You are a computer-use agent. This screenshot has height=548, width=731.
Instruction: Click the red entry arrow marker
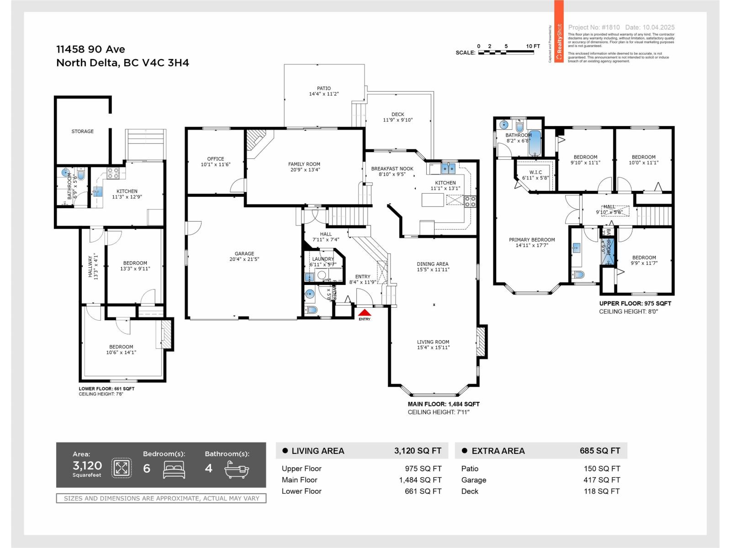coord(364,313)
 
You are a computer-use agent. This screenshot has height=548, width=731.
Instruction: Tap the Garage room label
coord(244,254)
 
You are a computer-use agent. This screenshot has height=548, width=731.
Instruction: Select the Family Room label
coord(304,164)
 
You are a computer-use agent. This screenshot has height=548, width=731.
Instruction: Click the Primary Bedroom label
coord(532,240)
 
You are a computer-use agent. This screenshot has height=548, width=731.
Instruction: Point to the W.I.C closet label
coord(535,173)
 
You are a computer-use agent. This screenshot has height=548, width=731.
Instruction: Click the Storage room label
coord(82,132)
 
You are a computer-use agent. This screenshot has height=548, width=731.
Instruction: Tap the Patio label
coord(323,89)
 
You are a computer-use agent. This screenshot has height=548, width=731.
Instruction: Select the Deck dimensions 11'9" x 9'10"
coord(397,120)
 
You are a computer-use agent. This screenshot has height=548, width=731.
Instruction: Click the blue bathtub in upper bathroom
coord(535,142)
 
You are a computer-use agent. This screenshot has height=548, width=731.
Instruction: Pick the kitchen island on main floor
coord(433,200)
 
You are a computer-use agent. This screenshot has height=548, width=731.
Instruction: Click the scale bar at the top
coord(506,53)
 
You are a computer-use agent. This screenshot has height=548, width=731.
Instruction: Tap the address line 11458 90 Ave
coord(90,49)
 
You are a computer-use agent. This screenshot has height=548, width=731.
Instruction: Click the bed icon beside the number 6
coord(174,469)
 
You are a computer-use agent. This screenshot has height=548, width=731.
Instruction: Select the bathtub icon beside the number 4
coord(236,469)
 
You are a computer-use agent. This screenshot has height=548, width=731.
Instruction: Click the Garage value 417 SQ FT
coord(602,480)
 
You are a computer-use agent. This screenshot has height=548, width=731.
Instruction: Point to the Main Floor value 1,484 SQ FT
coord(420,480)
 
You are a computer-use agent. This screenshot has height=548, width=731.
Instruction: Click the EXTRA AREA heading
coord(498,451)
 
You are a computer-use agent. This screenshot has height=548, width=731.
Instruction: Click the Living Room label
coord(433,342)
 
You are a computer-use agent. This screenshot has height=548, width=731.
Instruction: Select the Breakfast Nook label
coord(392,169)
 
